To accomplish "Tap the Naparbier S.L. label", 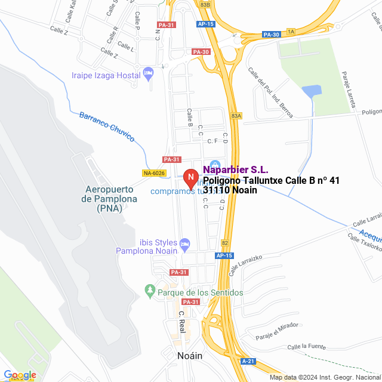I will (236, 170).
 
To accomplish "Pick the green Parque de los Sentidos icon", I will (150, 292).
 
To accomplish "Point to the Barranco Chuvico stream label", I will (107, 126).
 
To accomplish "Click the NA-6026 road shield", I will (154, 173).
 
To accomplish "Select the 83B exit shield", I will (205, 4).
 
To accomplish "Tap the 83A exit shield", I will (236, 116).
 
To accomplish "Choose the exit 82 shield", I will (225, 243).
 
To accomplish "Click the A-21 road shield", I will (248, 361).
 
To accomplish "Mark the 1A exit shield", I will (291, 31).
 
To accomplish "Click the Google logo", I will (20, 375).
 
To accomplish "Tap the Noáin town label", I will (190, 356).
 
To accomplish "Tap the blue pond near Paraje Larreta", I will (311, 91).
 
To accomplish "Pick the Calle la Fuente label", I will (305, 347).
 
